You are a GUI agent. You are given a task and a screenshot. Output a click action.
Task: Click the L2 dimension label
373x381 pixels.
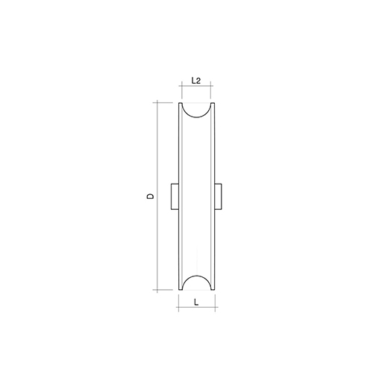tap(196, 81)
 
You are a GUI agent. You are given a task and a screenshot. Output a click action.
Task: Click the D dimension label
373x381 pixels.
tap(150, 196)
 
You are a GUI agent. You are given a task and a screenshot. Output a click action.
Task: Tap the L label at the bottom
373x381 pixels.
tap(196, 303)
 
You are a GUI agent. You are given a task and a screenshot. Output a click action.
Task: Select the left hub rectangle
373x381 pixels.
tap(175, 196)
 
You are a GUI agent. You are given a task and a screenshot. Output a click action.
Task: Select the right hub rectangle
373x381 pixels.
tap(218, 196)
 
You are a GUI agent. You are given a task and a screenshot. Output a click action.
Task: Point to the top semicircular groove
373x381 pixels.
tap(197, 117)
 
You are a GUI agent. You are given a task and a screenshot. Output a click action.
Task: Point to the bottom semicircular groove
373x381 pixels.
tap(197, 276)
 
